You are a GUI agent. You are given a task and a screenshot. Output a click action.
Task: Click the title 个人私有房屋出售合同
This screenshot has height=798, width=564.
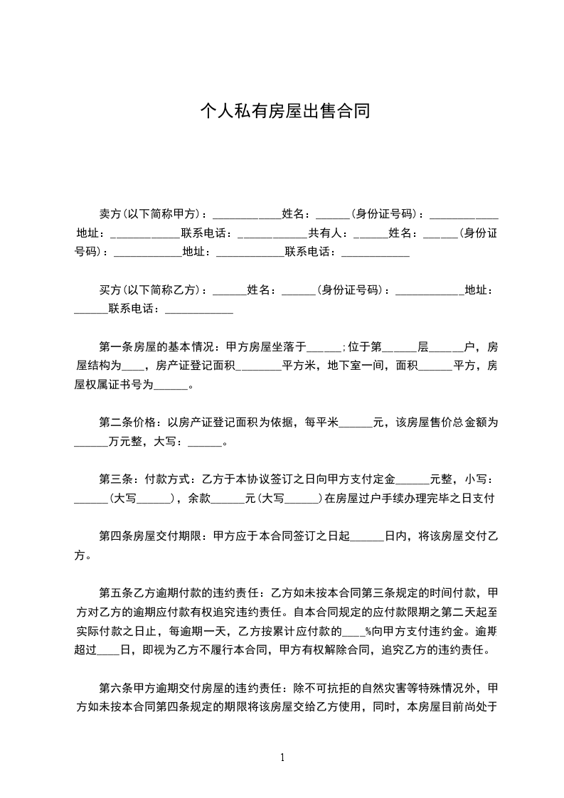(284, 112)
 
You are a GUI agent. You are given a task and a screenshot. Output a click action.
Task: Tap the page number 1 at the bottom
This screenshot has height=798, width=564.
(282, 757)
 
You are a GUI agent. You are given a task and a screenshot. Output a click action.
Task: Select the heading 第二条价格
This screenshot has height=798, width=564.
(128, 422)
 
